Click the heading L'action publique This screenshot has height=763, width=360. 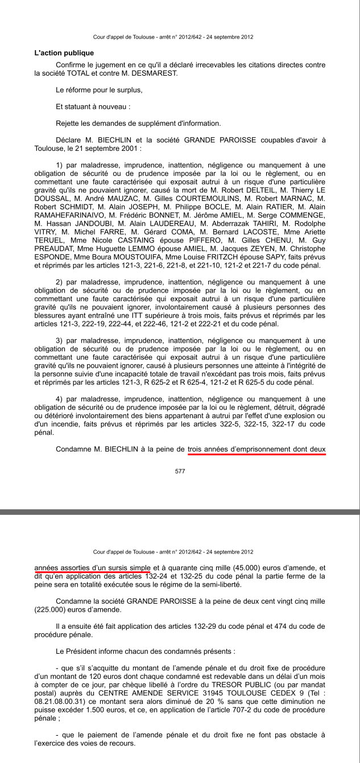point(64,53)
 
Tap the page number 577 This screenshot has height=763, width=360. point(180,471)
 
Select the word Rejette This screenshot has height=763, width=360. point(68,123)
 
